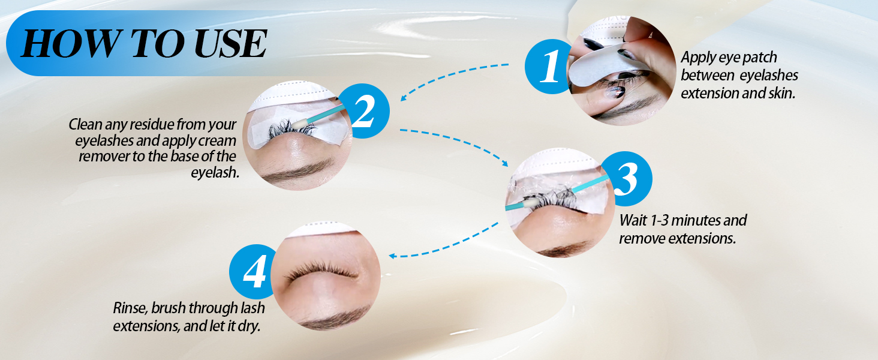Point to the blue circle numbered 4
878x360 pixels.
click(x=255, y=273)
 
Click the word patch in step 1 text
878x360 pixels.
click(x=758, y=58)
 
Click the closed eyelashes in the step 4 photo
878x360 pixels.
click(x=321, y=273)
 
